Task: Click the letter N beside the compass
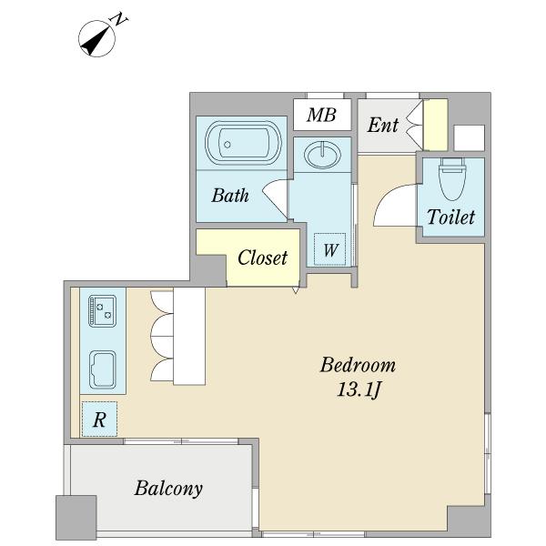(118, 19)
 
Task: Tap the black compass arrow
(94, 42)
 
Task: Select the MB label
(321, 115)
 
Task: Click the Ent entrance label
(382, 125)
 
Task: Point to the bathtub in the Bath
(243, 143)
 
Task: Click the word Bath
(230, 195)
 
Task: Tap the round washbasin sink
(322, 155)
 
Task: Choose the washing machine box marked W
(329, 249)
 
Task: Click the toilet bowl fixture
(452, 179)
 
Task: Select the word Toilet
(450, 217)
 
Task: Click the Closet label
(262, 258)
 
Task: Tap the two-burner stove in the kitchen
(102, 310)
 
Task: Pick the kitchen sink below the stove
(102, 369)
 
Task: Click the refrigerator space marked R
(99, 420)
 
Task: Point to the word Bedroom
(358, 365)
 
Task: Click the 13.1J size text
(358, 389)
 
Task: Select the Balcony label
(168, 488)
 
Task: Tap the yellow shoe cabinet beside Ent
(435, 125)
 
